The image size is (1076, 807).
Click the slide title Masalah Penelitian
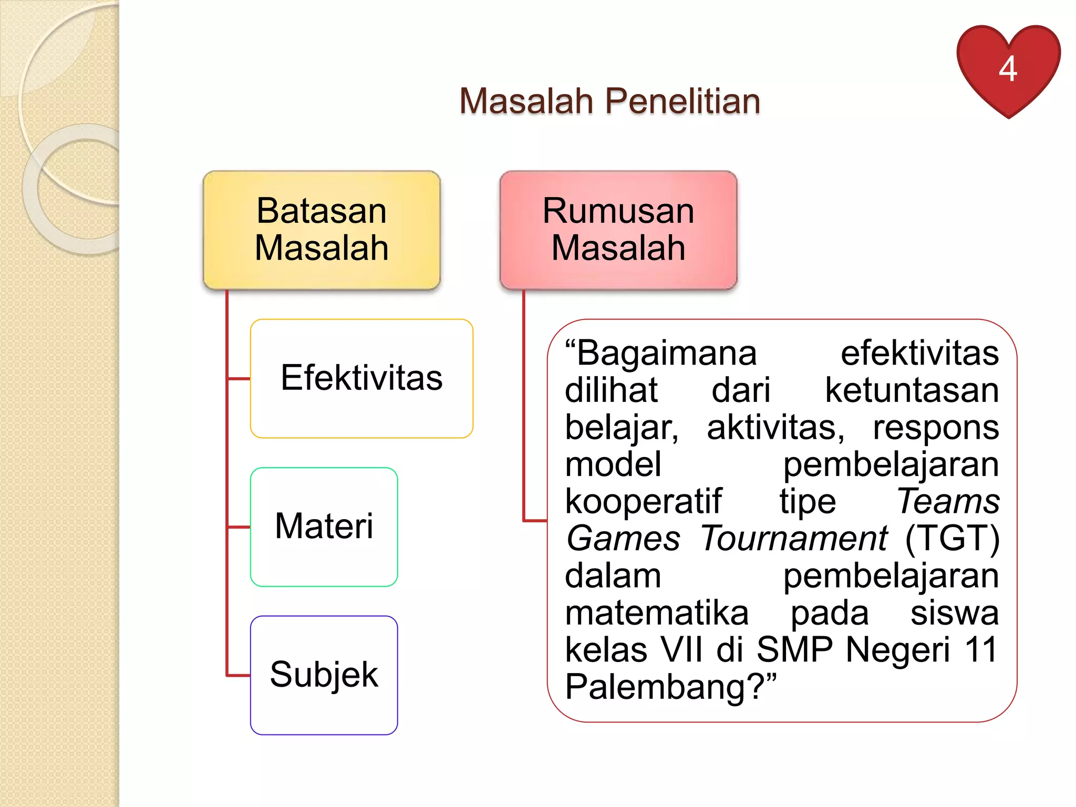[609, 101]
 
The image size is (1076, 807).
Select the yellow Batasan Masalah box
[322, 230]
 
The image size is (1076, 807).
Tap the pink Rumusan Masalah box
[618, 230]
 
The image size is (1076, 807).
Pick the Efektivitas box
[361, 378]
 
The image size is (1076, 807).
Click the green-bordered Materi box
[324, 526]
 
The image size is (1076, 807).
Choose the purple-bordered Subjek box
[324, 675]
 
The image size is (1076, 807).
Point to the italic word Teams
[948, 501]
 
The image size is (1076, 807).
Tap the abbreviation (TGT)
[952, 539]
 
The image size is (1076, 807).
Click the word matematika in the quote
[657, 613]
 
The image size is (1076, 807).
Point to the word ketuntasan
[912, 390]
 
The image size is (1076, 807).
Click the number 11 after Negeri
[980, 650]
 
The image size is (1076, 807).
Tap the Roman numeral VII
[681, 650]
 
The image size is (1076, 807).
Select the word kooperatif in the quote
[643, 502]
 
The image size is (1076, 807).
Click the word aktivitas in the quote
[775, 428]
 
